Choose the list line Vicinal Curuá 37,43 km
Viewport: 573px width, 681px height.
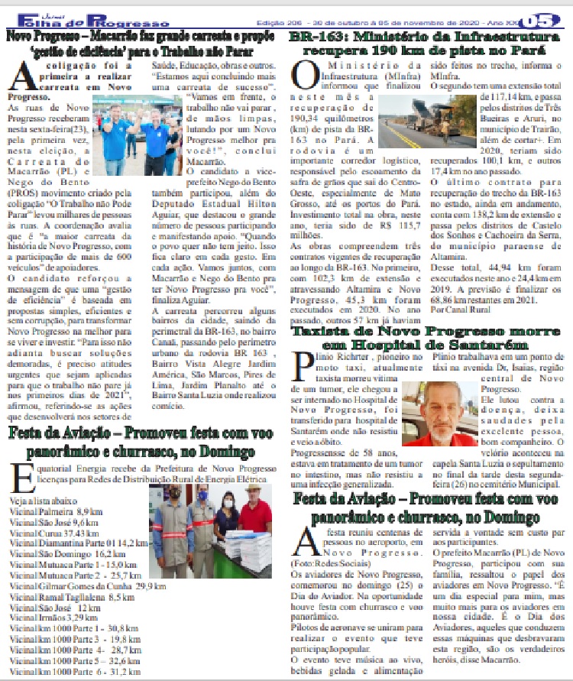click(x=53, y=532)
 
